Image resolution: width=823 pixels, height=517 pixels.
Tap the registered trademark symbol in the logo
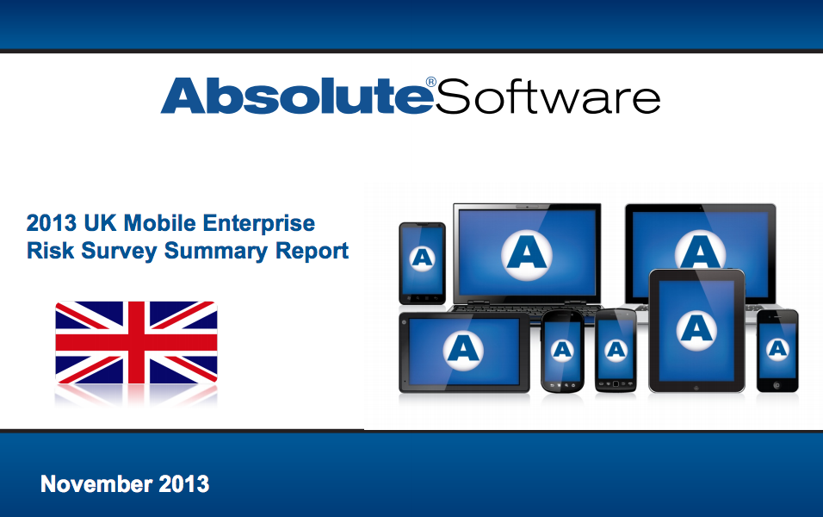tap(431, 83)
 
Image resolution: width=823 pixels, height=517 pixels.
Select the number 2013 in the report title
tap(53, 224)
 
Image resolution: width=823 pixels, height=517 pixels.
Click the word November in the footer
tap(96, 484)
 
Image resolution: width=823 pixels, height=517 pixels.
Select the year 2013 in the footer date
tap(183, 484)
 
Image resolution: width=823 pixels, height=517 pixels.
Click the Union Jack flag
tap(136, 342)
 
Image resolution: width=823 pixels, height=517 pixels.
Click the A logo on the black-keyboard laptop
tap(526, 251)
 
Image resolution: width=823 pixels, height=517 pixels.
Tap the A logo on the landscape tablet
tap(463, 349)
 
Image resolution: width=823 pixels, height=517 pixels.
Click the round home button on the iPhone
tap(777, 384)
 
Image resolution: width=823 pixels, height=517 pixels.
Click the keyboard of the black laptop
tap(526, 308)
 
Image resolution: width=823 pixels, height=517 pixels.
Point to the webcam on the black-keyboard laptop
tap(527, 207)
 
